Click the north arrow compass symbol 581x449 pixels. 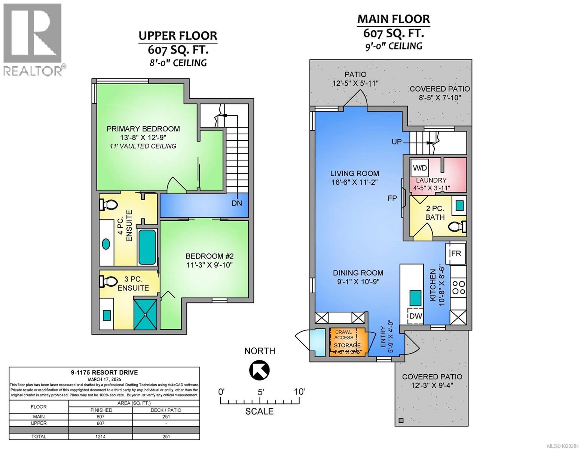[259, 370]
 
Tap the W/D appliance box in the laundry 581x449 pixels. [420, 168]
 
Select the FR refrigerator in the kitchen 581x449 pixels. [456, 253]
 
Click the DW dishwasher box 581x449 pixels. [416, 316]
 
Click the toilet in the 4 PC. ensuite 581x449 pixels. [108, 205]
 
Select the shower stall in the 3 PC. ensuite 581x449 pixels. [145, 314]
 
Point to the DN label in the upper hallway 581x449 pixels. [236, 203]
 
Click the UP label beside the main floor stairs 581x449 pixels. [397, 142]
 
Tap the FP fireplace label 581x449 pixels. [392, 198]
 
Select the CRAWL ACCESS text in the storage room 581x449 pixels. [344, 335]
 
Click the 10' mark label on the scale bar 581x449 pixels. [299, 392]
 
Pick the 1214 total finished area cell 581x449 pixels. [101, 436]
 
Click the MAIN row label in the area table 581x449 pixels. [39, 416]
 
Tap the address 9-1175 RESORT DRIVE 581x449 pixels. [104, 372]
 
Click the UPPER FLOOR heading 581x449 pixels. [178, 36]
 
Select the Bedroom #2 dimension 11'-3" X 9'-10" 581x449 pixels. [210, 265]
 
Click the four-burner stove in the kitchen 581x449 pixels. [458, 287]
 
